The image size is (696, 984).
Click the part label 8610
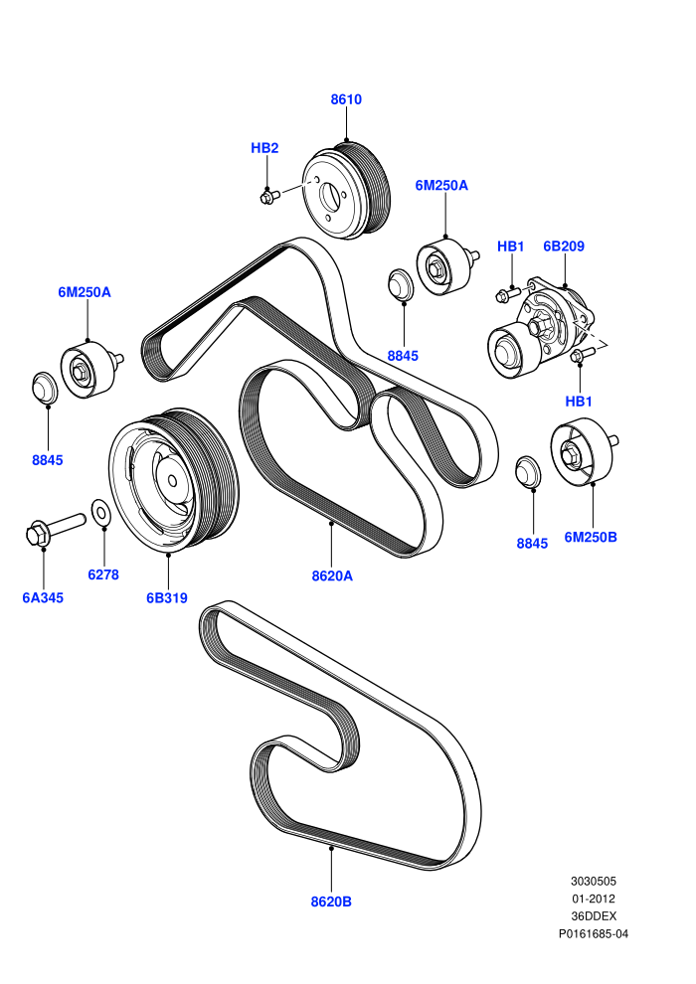point(346,99)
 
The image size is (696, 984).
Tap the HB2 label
point(264,148)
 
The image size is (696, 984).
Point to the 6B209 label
point(564,246)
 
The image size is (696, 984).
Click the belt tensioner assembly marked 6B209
point(542,330)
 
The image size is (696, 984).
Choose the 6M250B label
point(590,537)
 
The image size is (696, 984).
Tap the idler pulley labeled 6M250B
point(583,451)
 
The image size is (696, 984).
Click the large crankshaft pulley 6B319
point(174,480)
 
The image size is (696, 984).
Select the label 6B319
point(167,598)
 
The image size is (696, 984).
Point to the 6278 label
point(103,574)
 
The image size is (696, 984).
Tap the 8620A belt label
point(332,575)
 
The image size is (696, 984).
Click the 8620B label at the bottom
point(331,902)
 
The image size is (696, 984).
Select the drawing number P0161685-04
point(593,933)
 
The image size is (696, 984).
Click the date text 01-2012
point(593,899)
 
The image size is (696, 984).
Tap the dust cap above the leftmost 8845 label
point(45,388)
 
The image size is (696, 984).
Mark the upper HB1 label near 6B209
point(510,246)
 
